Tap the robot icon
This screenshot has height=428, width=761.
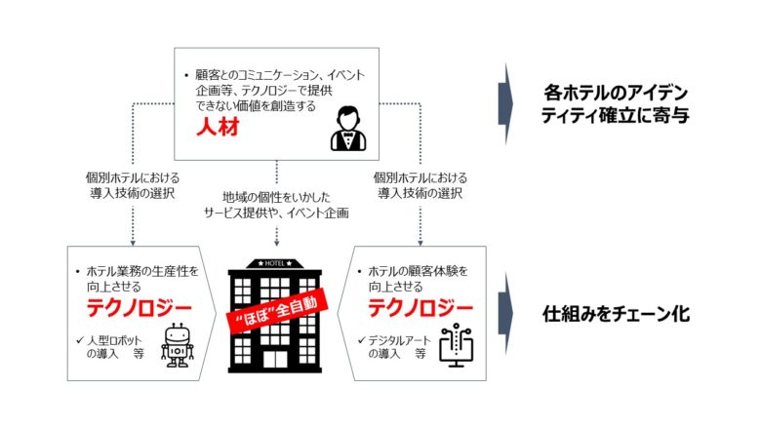[x=178, y=345]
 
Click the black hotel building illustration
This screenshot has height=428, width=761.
[x=277, y=322]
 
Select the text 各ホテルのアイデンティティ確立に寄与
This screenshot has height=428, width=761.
[x=616, y=104]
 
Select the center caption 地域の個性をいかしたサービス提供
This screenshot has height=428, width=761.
[x=277, y=204]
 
